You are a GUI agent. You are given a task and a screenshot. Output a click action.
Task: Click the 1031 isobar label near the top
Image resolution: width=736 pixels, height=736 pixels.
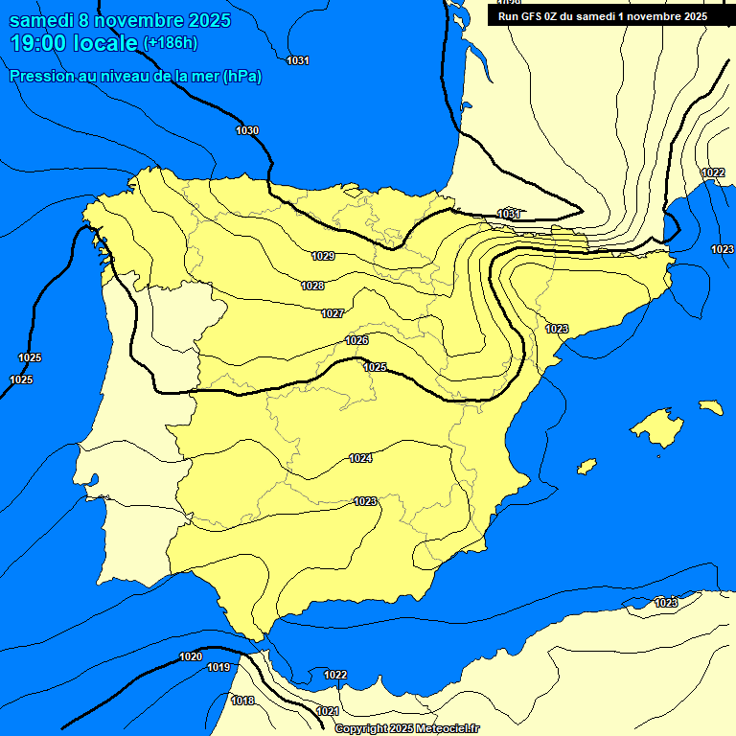298,60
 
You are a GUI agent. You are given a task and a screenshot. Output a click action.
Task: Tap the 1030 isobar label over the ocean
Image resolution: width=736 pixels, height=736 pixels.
247,130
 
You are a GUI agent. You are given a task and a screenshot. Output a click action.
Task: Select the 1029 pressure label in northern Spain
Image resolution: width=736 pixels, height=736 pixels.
323,256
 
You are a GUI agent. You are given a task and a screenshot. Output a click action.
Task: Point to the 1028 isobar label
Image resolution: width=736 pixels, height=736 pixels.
312,286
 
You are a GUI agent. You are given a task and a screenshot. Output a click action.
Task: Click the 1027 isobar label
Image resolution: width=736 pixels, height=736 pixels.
333,313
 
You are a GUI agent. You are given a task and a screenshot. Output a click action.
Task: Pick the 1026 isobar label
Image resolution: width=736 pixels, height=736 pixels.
357,340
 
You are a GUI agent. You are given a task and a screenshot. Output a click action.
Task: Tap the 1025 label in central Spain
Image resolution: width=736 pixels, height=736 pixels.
375,367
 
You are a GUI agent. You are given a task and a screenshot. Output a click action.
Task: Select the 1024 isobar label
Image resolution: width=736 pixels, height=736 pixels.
360,458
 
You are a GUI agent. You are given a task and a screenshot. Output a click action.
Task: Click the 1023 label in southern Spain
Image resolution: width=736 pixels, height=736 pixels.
365,501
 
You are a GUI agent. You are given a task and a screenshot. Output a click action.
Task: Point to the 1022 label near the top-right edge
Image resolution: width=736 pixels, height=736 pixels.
713,172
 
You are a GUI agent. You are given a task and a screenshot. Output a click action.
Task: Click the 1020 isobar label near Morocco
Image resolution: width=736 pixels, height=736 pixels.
191,656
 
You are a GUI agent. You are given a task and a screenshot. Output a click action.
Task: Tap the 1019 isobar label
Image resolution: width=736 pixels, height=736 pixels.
218,667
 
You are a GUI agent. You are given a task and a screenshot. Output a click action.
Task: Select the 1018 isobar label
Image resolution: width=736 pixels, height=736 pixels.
243,701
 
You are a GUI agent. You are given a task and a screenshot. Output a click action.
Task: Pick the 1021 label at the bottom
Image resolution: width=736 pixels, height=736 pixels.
327,711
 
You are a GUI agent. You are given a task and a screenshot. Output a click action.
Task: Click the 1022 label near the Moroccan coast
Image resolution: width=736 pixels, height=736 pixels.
335,675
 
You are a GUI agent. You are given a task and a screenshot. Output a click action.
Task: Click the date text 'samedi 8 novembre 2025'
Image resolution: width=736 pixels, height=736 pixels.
120,20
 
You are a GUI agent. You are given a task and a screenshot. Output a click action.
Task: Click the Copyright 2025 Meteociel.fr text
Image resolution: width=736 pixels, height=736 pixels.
406,728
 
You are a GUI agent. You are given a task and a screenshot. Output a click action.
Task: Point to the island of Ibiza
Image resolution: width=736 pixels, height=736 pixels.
586,467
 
